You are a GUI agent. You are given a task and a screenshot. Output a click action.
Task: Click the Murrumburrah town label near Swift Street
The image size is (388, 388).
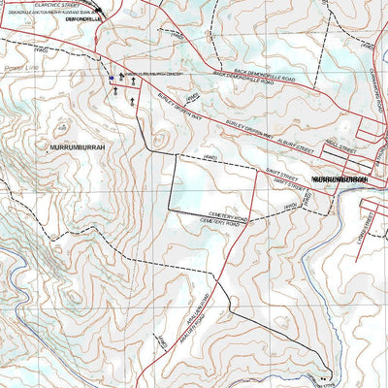pyautogui.click(x=340, y=179)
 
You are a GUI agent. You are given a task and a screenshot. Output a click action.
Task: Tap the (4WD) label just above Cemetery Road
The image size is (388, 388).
pyautogui.click(x=288, y=205)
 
